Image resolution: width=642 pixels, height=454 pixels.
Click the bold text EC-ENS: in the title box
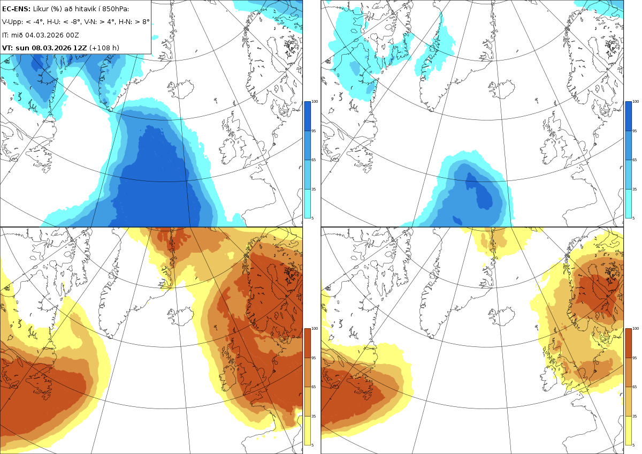coord(16,9)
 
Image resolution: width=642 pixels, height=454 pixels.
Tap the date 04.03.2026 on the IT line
coord(44,35)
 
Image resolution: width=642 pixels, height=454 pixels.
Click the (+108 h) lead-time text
coord(104,48)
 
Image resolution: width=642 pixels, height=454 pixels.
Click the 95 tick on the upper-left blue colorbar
coord(314,131)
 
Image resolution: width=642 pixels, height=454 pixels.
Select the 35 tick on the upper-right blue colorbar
coord(635,190)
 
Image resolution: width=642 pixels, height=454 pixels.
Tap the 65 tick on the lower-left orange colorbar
coord(314,387)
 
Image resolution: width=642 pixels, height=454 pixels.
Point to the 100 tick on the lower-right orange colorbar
coord(636,329)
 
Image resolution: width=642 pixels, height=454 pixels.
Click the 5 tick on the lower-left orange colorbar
coord(312,445)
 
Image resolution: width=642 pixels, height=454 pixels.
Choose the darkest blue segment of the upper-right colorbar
coord(628,116)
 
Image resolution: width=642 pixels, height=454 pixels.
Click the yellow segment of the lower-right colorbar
coord(628,430)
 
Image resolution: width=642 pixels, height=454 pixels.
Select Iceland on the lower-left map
coord(181,316)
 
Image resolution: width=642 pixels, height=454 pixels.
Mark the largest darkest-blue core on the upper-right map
coord(479,191)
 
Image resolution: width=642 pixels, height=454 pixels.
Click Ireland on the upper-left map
coord(229,150)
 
